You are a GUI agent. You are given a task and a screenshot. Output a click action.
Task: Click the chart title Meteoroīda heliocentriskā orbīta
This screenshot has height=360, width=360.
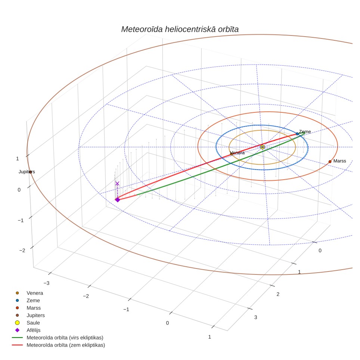click(x=180, y=30)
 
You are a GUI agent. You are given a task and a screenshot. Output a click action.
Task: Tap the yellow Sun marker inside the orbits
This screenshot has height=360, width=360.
click(x=263, y=147)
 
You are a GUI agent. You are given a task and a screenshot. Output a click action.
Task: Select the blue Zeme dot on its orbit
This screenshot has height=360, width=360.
click(x=297, y=134)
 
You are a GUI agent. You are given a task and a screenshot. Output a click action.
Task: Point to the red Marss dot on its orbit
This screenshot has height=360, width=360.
click(x=330, y=162)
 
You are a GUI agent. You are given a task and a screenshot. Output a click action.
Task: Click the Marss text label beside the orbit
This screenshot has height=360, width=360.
click(x=339, y=161)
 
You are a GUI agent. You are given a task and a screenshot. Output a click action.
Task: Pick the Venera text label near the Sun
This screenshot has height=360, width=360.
click(x=237, y=153)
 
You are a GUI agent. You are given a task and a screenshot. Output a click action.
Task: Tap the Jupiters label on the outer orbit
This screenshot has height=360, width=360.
click(x=27, y=172)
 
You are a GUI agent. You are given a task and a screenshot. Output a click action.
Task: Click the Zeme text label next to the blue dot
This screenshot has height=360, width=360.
click(x=305, y=131)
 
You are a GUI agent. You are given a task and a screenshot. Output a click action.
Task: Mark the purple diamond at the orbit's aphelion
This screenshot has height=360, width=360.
click(x=118, y=200)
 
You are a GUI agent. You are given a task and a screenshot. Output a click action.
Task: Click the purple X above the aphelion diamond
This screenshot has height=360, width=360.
click(x=117, y=183)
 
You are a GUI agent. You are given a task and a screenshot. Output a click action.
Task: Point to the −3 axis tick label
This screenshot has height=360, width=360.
click(x=46, y=283)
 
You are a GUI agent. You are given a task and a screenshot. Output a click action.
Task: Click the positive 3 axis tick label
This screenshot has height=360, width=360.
click(x=255, y=317)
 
